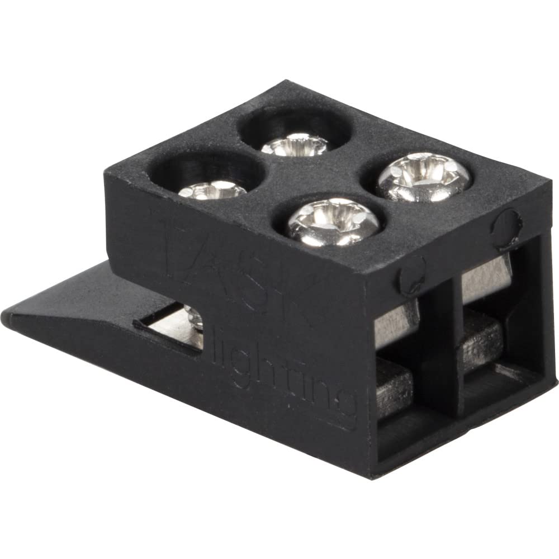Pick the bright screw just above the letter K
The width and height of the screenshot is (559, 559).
pos(334,221)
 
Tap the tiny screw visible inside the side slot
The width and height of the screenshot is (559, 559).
pos(195,319)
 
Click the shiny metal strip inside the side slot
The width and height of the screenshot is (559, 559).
pos(168,325)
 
